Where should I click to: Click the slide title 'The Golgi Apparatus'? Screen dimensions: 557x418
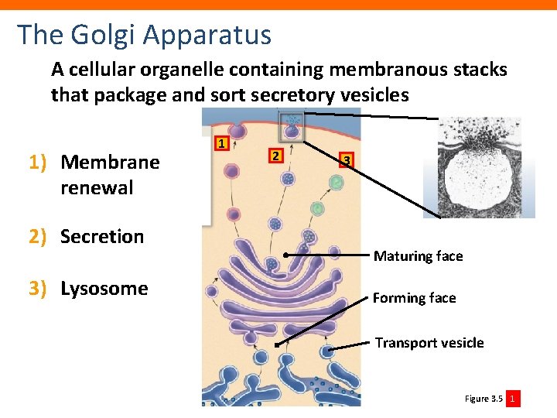click(145, 35)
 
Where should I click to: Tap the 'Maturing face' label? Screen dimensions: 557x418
click(418, 256)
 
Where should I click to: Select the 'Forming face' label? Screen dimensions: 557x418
click(414, 298)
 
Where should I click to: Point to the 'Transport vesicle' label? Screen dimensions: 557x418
click(429, 343)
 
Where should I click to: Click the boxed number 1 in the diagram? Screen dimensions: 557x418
click(221, 143)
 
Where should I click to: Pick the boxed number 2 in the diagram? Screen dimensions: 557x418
click(273, 156)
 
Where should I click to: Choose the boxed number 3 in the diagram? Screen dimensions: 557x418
click(347, 160)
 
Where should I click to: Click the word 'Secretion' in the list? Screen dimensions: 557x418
click(102, 237)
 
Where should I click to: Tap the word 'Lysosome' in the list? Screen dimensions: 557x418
click(104, 289)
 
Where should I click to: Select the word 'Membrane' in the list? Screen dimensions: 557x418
click(110, 163)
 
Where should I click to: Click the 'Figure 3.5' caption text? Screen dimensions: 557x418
click(484, 399)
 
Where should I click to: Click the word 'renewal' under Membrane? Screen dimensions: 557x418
click(97, 188)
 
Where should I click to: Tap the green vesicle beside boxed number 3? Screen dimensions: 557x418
click(336, 183)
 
